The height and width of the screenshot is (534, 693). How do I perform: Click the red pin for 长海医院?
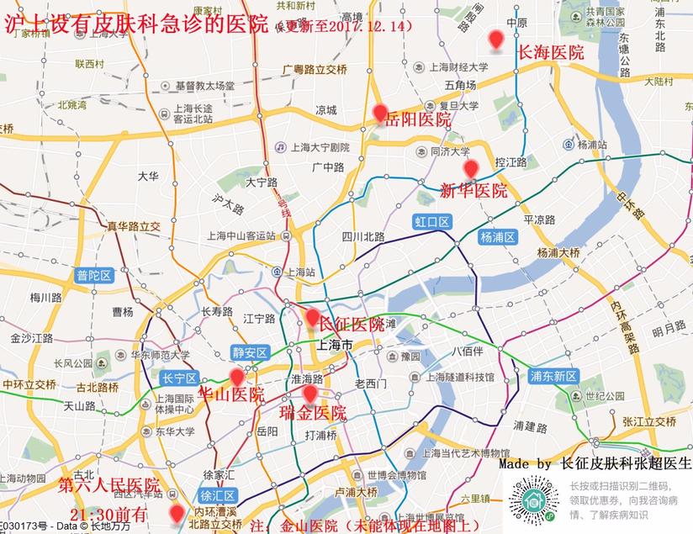click(x=496, y=40)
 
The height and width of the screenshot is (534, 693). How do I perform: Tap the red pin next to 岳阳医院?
click(x=380, y=114)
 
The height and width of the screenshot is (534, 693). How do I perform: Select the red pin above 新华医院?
click(x=471, y=169)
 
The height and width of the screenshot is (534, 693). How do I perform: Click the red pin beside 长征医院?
click(x=312, y=319)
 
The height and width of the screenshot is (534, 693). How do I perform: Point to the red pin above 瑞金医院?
click(x=309, y=394)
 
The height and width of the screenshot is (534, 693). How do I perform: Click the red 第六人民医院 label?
click(x=108, y=485)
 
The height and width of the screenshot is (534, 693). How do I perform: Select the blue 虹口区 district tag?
click(x=432, y=222)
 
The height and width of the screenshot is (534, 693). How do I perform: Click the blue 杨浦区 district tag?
click(x=497, y=237)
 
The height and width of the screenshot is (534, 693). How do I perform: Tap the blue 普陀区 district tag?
click(x=94, y=275)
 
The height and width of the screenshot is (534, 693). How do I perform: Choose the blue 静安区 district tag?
click(x=250, y=352)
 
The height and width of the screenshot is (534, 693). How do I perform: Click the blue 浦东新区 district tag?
click(x=553, y=376)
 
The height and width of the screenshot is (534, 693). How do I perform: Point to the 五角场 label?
click(x=461, y=85)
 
